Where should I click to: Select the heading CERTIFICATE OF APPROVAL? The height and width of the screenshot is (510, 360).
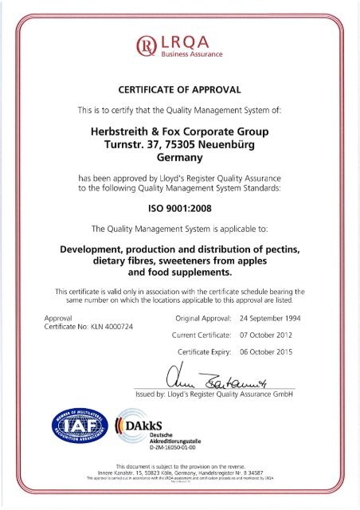click(179, 89)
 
